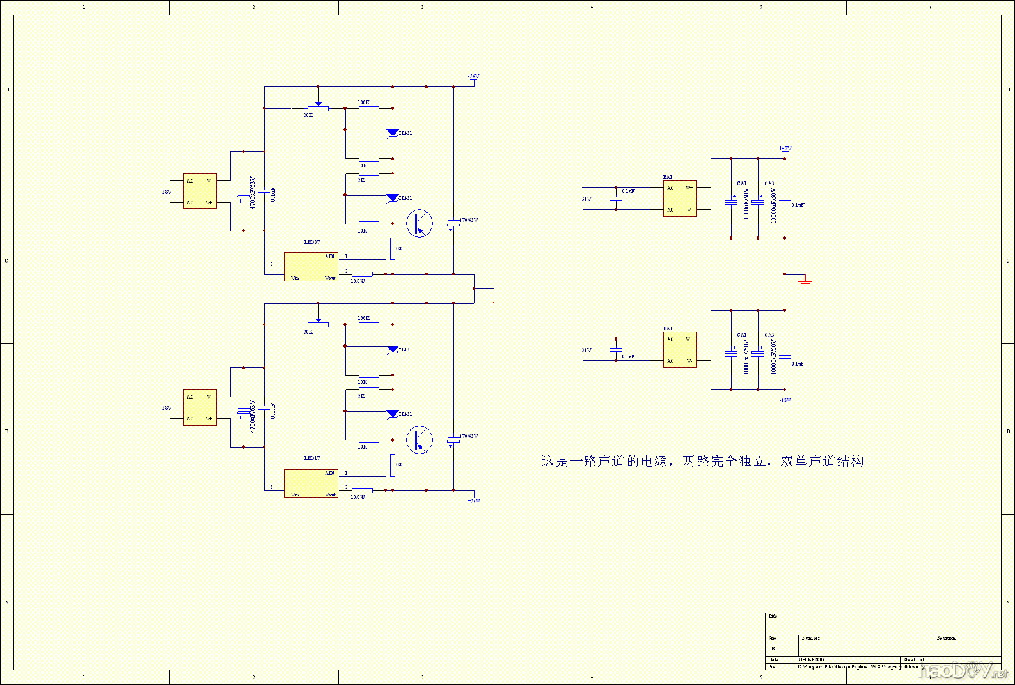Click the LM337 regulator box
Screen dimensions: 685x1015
[311, 266]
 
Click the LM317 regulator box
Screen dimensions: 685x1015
[311, 483]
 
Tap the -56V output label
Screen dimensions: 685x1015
[473, 77]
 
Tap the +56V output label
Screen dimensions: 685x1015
[473, 501]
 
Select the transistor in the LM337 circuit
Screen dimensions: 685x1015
[419, 223]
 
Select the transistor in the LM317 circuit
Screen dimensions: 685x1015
[419, 440]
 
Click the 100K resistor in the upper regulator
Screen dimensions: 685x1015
[368, 108]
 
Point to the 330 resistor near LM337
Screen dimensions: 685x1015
[393, 248]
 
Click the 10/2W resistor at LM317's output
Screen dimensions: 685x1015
[362, 491]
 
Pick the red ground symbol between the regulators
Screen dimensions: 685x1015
[493, 296]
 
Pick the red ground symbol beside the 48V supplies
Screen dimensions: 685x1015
[805, 282]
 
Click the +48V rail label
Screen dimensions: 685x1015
[785, 149]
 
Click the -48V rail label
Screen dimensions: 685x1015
[785, 400]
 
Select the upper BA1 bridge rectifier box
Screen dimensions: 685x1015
[680, 199]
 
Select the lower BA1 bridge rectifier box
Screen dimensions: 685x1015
[680, 350]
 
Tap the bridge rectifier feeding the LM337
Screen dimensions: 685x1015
[200, 191]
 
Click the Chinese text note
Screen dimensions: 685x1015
[702, 461]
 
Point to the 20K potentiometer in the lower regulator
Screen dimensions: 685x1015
[318, 325]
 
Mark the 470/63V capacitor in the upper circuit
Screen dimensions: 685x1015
[453, 223]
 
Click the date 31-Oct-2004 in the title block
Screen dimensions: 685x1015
[811, 659]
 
